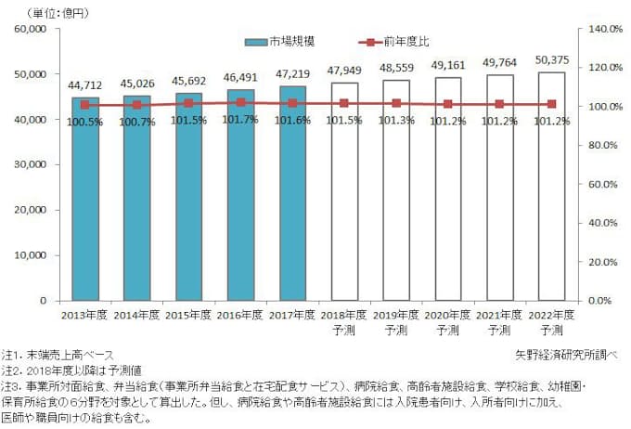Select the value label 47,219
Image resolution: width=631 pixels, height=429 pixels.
pyautogui.click(x=292, y=77)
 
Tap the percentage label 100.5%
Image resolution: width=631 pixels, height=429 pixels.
pyautogui.click(x=84, y=120)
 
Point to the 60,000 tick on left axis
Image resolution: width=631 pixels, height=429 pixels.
pyautogui.click(x=32, y=30)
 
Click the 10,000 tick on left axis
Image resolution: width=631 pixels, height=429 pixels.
pyautogui.click(x=32, y=255)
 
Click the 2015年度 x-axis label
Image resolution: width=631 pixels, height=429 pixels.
pyautogui.click(x=188, y=316)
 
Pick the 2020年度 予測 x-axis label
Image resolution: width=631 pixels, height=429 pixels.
pyautogui.click(x=448, y=322)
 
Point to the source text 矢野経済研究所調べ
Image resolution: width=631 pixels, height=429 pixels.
pyautogui.click(x=565, y=355)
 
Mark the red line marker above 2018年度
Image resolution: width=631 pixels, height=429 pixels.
pyautogui.click(x=344, y=103)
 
